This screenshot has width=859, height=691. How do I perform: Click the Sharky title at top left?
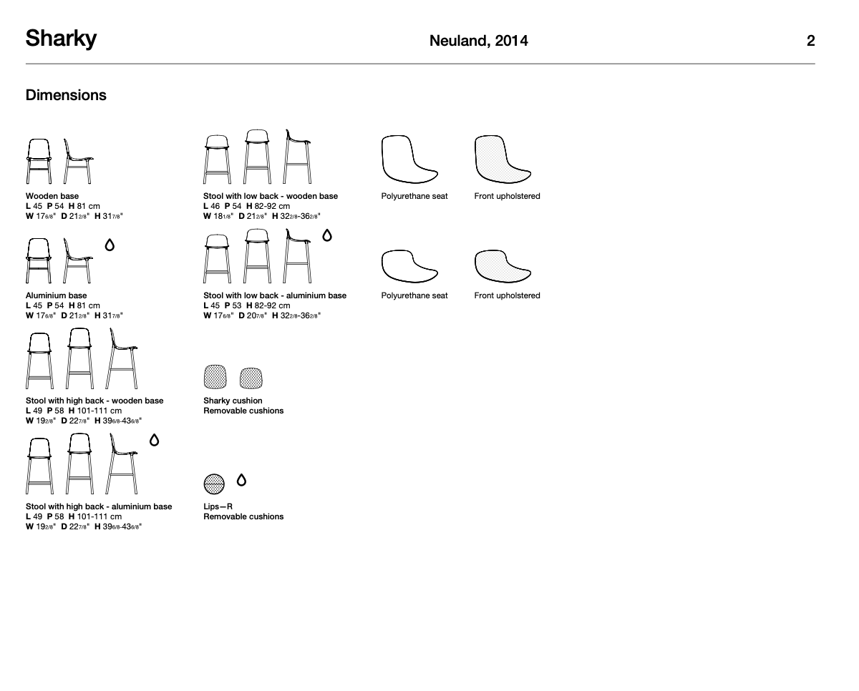click(x=61, y=39)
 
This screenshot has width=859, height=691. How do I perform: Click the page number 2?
click(x=810, y=41)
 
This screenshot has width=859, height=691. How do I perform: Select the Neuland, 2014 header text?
click(x=478, y=41)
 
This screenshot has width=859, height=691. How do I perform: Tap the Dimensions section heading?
click(x=66, y=95)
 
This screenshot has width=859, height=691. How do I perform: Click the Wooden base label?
click(x=52, y=196)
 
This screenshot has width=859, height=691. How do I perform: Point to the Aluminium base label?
click(x=56, y=295)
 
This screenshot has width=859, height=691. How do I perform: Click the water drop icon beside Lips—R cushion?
click(x=241, y=480)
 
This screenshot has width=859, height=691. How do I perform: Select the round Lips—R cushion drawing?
click(x=214, y=484)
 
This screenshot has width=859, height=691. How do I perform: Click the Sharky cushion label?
click(x=233, y=401)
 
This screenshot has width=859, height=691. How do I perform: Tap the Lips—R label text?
click(x=218, y=506)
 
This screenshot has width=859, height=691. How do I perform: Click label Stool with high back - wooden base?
click(x=94, y=401)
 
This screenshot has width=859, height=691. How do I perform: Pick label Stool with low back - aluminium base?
click(x=274, y=295)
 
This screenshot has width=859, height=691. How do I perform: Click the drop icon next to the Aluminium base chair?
click(x=110, y=245)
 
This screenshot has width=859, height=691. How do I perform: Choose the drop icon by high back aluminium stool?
click(x=154, y=440)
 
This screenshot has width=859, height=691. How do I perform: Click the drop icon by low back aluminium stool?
click(x=327, y=235)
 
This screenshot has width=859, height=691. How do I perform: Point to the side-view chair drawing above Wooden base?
click(x=78, y=161)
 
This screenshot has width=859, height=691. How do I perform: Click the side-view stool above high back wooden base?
click(x=122, y=359)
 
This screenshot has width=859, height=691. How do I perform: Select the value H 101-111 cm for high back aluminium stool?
click(x=95, y=516)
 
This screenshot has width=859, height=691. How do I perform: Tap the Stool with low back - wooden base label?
click(x=270, y=196)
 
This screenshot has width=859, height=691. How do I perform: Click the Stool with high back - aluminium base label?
click(x=99, y=506)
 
